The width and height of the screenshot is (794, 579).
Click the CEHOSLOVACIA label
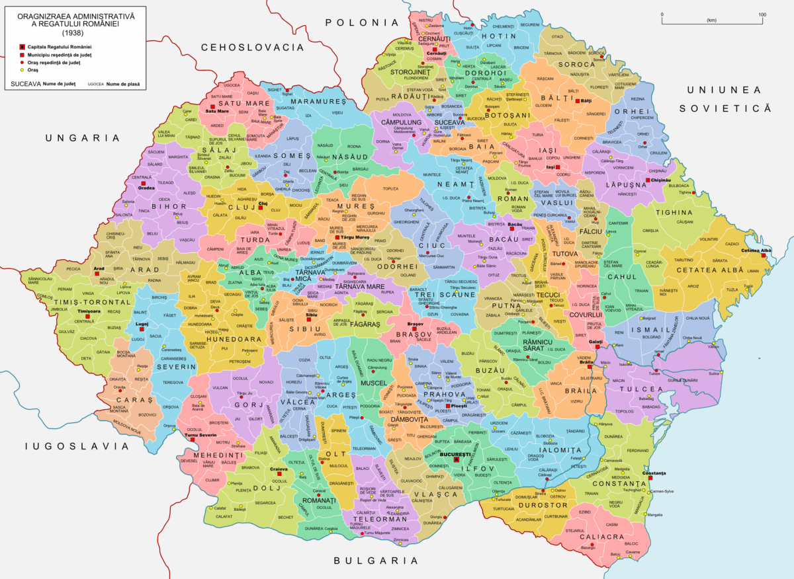coord(252,47)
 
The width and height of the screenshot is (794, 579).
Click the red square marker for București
coord(456,460)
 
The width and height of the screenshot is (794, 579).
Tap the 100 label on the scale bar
coord(762,15)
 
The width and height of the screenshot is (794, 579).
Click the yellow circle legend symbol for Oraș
coord(22,70)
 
